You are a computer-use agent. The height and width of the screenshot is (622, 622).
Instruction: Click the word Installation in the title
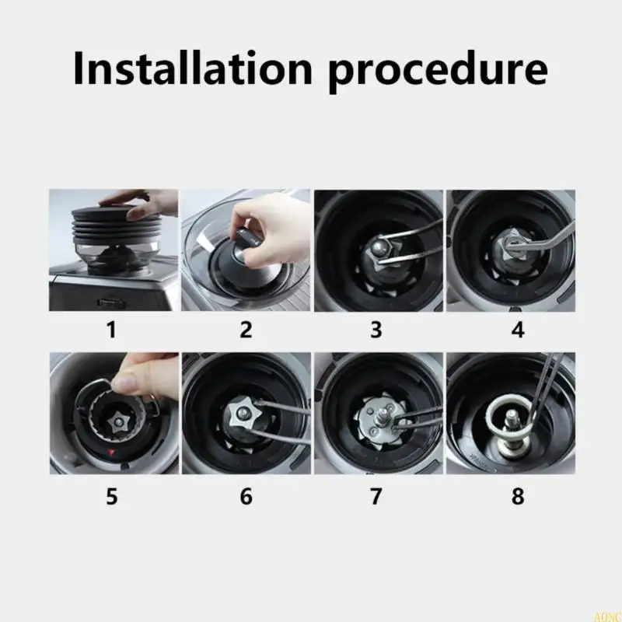[x=193, y=68]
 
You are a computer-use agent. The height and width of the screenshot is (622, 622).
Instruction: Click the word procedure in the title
[x=439, y=72]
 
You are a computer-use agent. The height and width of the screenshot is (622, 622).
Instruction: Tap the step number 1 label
[x=111, y=329]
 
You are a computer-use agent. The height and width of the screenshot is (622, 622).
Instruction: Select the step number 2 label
[x=246, y=329]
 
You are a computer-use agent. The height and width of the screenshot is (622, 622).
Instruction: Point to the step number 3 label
[x=376, y=329]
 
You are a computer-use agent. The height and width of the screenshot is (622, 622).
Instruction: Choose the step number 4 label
[x=518, y=329]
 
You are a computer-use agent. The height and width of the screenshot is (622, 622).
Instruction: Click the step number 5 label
[x=112, y=496]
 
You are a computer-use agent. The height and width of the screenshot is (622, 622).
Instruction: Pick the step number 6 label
[x=246, y=496]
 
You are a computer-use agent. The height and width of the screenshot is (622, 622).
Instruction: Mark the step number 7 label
[x=376, y=496]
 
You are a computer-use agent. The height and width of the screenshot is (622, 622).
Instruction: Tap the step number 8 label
[x=518, y=496]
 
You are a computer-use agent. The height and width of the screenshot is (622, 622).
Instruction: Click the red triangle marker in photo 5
[x=111, y=452]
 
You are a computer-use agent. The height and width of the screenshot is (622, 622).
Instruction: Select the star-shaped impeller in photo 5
[x=118, y=421]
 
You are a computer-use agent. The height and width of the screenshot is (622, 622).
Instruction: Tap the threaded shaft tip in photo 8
[x=512, y=416]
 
